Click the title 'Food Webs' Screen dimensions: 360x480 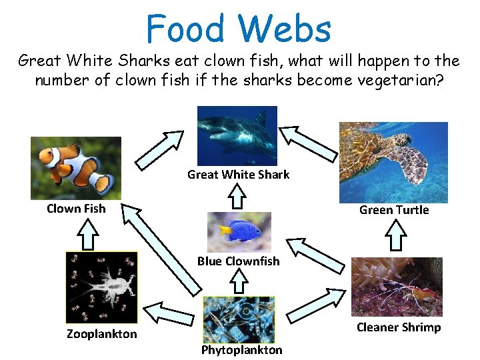[x=239, y=29]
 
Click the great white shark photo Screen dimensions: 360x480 [x=237, y=135]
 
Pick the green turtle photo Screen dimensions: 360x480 [x=393, y=162]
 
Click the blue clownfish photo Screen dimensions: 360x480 [x=239, y=231]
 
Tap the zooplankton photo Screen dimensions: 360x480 [x=101, y=287]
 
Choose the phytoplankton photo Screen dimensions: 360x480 [x=238, y=319]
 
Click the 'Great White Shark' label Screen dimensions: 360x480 [x=239, y=175]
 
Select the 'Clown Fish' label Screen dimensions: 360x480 [x=76, y=209]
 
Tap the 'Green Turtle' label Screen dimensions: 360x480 [x=394, y=210]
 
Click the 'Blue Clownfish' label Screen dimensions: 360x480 [x=239, y=261]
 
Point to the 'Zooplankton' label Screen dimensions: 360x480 [x=101, y=334]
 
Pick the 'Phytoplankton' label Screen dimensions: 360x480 [x=242, y=350]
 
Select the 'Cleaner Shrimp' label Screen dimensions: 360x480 [x=399, y=327]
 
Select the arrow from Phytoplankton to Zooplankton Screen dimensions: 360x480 [x=169, y=312]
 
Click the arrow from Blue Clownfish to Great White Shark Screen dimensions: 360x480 [x=237, y=197]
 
